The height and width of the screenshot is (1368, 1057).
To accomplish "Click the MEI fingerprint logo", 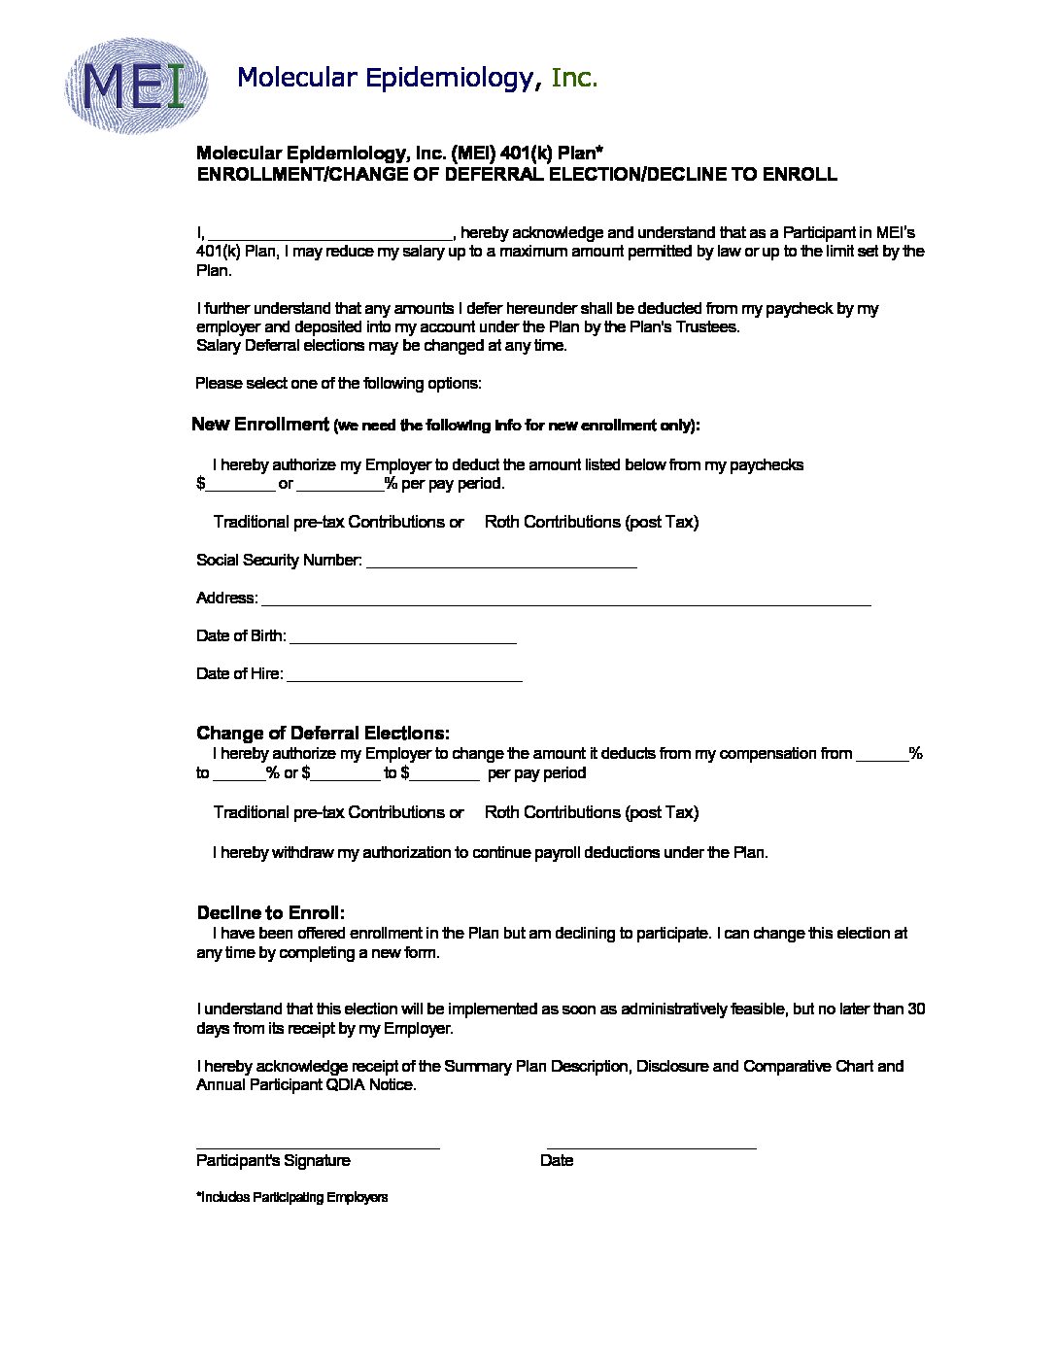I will coord(136,85).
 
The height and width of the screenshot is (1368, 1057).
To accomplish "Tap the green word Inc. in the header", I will coord(573,78).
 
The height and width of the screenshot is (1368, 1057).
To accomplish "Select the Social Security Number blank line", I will coord(501,563).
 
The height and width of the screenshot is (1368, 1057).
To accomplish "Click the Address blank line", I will coord(565,600).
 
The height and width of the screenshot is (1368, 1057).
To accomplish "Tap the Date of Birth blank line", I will coord(403,638).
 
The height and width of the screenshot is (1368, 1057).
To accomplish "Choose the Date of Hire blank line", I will coord(404,676).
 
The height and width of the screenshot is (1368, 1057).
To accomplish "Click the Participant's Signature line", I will coord(318,1145).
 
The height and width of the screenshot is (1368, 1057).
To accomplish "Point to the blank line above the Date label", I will coord(651,1145).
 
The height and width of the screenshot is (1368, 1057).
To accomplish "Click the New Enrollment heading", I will coord(260,424).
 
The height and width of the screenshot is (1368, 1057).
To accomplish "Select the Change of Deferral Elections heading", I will coord(323,733).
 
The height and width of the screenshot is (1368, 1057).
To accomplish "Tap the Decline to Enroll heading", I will coord(270,912).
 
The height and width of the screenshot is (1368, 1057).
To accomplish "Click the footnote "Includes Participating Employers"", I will coord(292,1197).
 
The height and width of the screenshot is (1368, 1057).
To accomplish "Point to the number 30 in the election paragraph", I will coord(916,1009).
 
